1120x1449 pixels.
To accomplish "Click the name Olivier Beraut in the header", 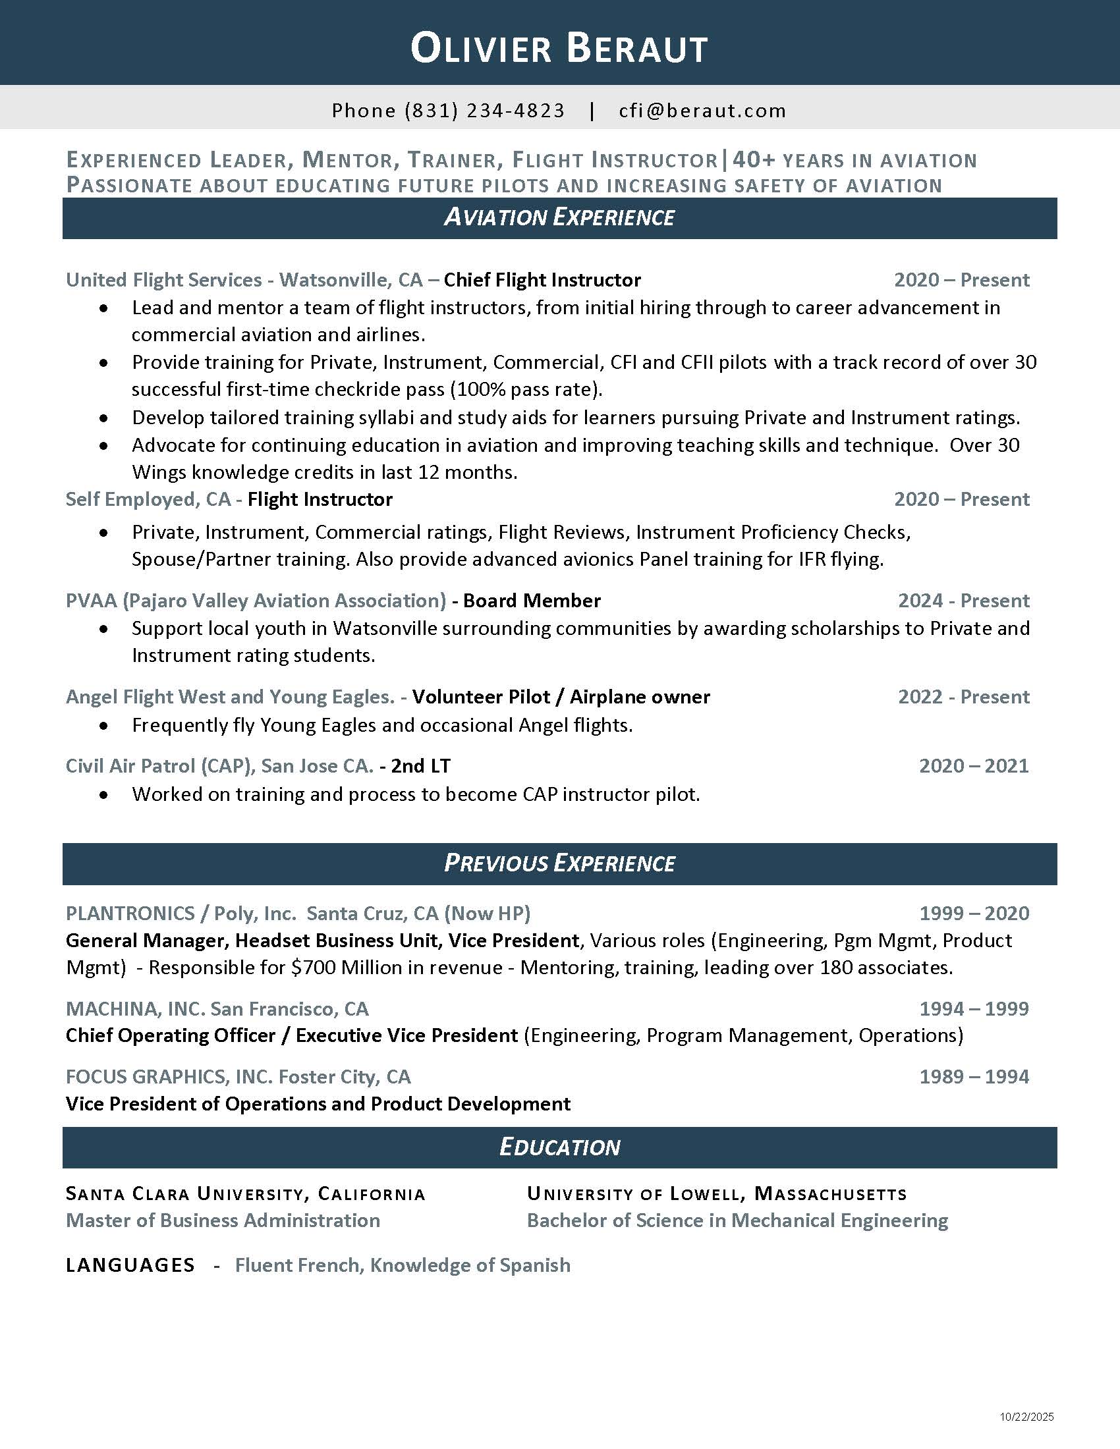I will click(x=559, y=49).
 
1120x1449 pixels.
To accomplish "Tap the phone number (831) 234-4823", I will click(x=484, y=110).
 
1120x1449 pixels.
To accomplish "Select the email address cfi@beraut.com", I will click(x=702, y=110).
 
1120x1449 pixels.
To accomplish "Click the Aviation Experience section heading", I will click(x=559, y=217).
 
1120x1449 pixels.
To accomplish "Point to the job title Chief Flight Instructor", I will click(x=542, y=280).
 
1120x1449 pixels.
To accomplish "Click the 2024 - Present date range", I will click(x=963, y=601).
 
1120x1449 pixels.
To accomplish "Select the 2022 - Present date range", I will click(x=963, y=697).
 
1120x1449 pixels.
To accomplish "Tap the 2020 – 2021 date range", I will click(x=973, y=765).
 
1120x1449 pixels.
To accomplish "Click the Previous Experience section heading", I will click(x=559, y=863).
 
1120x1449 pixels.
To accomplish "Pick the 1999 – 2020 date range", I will click(x=974, y=914).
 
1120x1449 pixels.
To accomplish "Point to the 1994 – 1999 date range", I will click(x=974, y=1008).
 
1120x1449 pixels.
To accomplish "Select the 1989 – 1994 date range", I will click(x=974, y=1076).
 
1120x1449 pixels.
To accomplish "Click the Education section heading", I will click(x=559, y=1147).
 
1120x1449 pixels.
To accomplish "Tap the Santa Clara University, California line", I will click(x=246, y=1194).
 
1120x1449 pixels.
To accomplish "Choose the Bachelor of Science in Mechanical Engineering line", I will click(x=737, y=1220).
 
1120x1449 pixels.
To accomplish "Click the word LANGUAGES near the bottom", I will click(x=130, y=1265).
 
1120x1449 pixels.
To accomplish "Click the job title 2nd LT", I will click(x=421, y=765).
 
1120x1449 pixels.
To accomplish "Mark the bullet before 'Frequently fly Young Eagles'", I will click(x=103, y=726).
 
